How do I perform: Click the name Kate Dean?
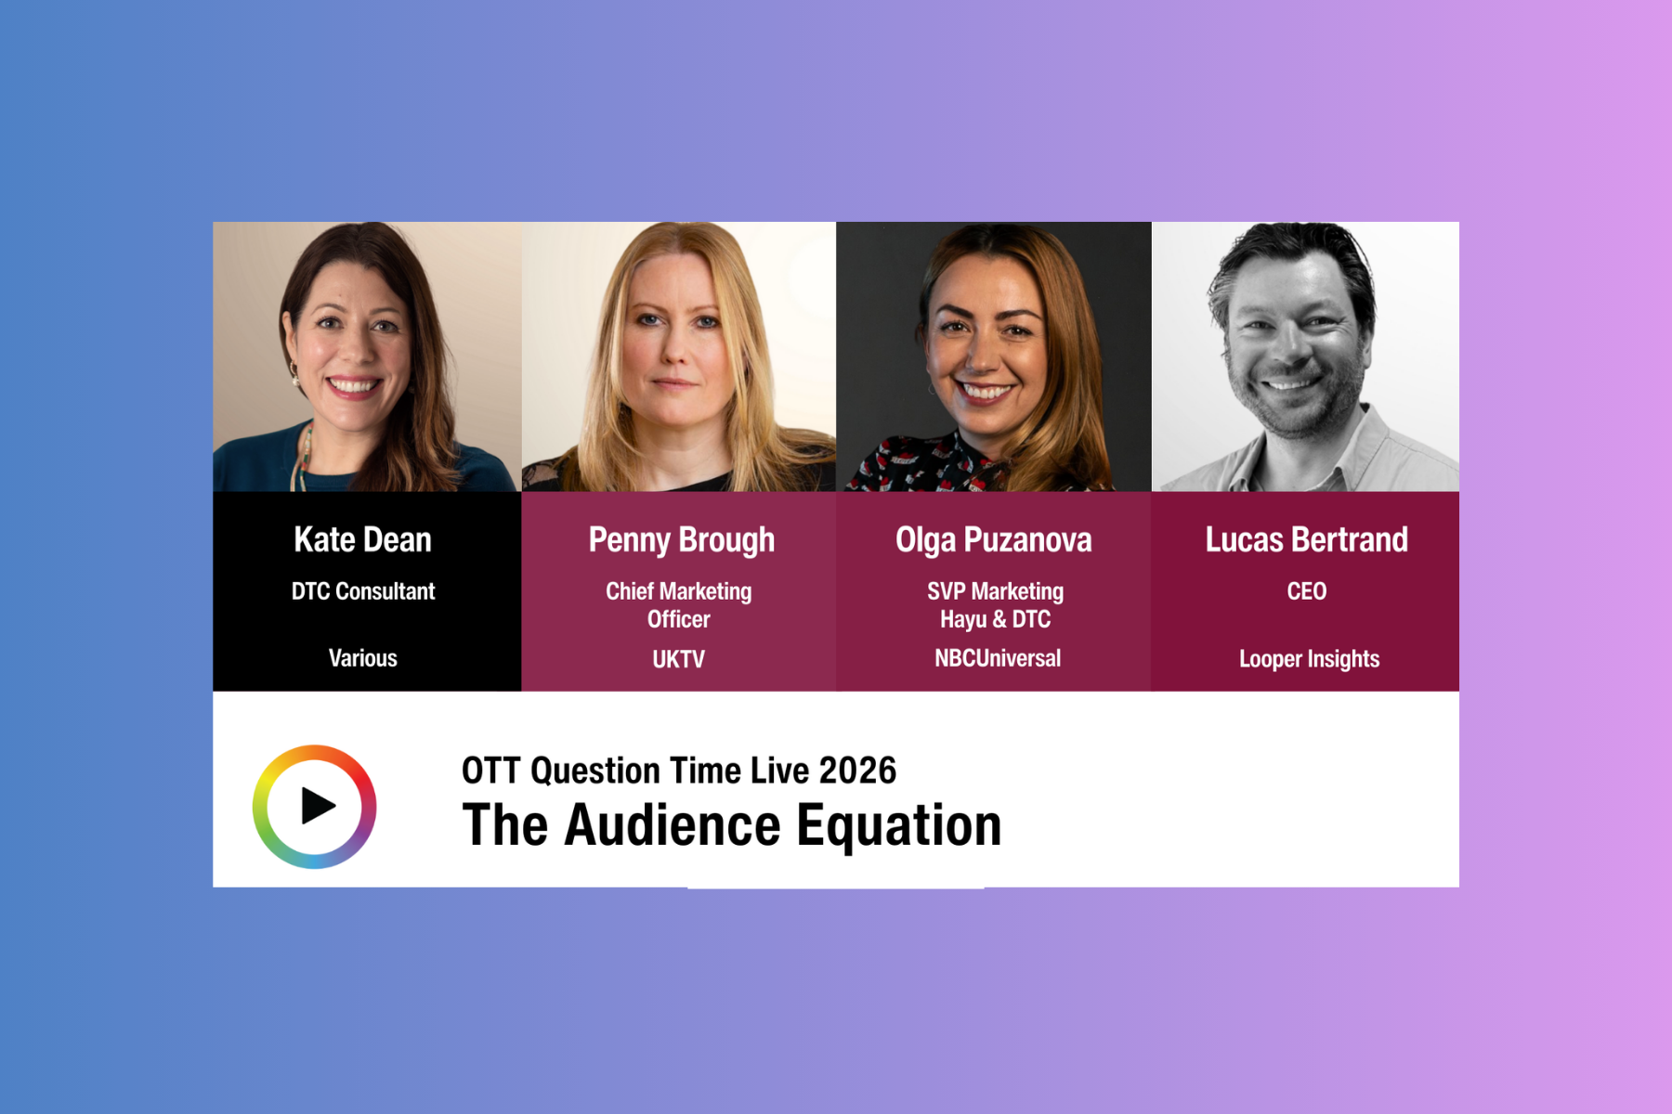click(x=362, y=539)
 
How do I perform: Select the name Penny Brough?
click(x=681, y=540)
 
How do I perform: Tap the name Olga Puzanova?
click(x=994, y=540)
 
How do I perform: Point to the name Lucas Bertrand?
click(x=1306, y=539)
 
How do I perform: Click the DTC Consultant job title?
click(x=363, y=591)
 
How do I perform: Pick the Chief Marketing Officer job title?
click(x=679, y=605)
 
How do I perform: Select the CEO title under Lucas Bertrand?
click(x=1307, y=591)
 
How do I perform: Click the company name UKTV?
click(x=678, y=659)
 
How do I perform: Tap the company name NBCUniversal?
click(x=998, y=658)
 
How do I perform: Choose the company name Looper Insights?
click(x=1309, y=659)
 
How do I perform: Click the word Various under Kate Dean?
click(x=362, y=658)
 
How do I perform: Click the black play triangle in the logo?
click(x=318, y=806)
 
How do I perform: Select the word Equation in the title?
click(x=899, y=826)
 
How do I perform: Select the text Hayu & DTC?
click(x=995, y=619)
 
